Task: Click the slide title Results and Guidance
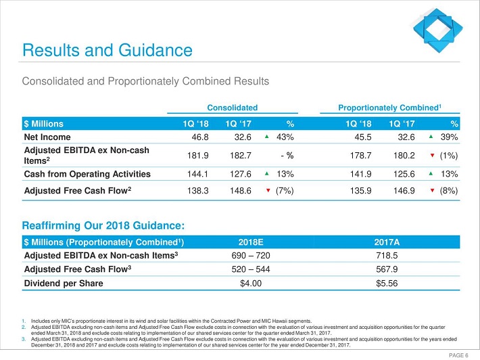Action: click(x=107, y=50)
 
